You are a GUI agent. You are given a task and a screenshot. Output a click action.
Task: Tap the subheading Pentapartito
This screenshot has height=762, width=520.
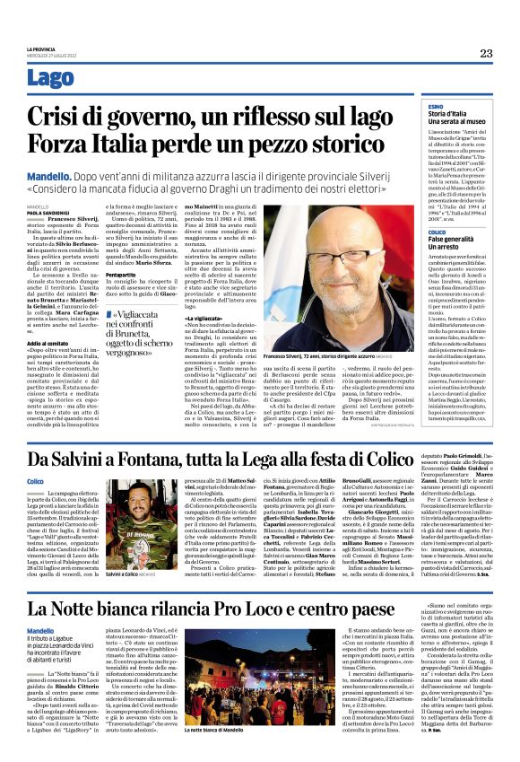coord(125,273)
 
